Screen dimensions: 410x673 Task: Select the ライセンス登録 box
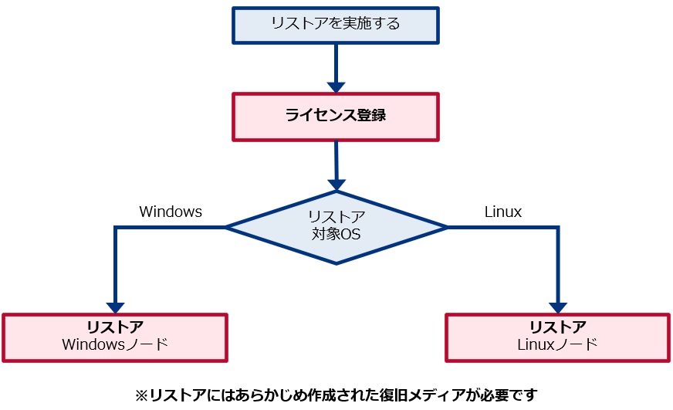pos(336,117)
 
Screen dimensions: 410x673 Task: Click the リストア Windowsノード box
pos(115,337)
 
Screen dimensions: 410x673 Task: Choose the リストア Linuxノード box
pos(558,337)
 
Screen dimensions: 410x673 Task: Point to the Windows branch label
pos(171,212)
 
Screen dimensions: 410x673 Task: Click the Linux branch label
pos(503,212)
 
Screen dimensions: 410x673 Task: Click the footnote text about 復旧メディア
pos(336,395)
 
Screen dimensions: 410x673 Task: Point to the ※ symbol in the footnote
pos(141,395)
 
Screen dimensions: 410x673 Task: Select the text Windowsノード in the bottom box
pos(115,344)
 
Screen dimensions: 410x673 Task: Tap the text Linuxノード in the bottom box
pos(558,344)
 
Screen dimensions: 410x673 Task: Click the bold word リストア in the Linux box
pos(558,327)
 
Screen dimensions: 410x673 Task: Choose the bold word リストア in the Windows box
pos(115,327)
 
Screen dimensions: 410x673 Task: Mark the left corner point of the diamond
pos(226,227)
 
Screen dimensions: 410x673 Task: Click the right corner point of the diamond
pos(447,227)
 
